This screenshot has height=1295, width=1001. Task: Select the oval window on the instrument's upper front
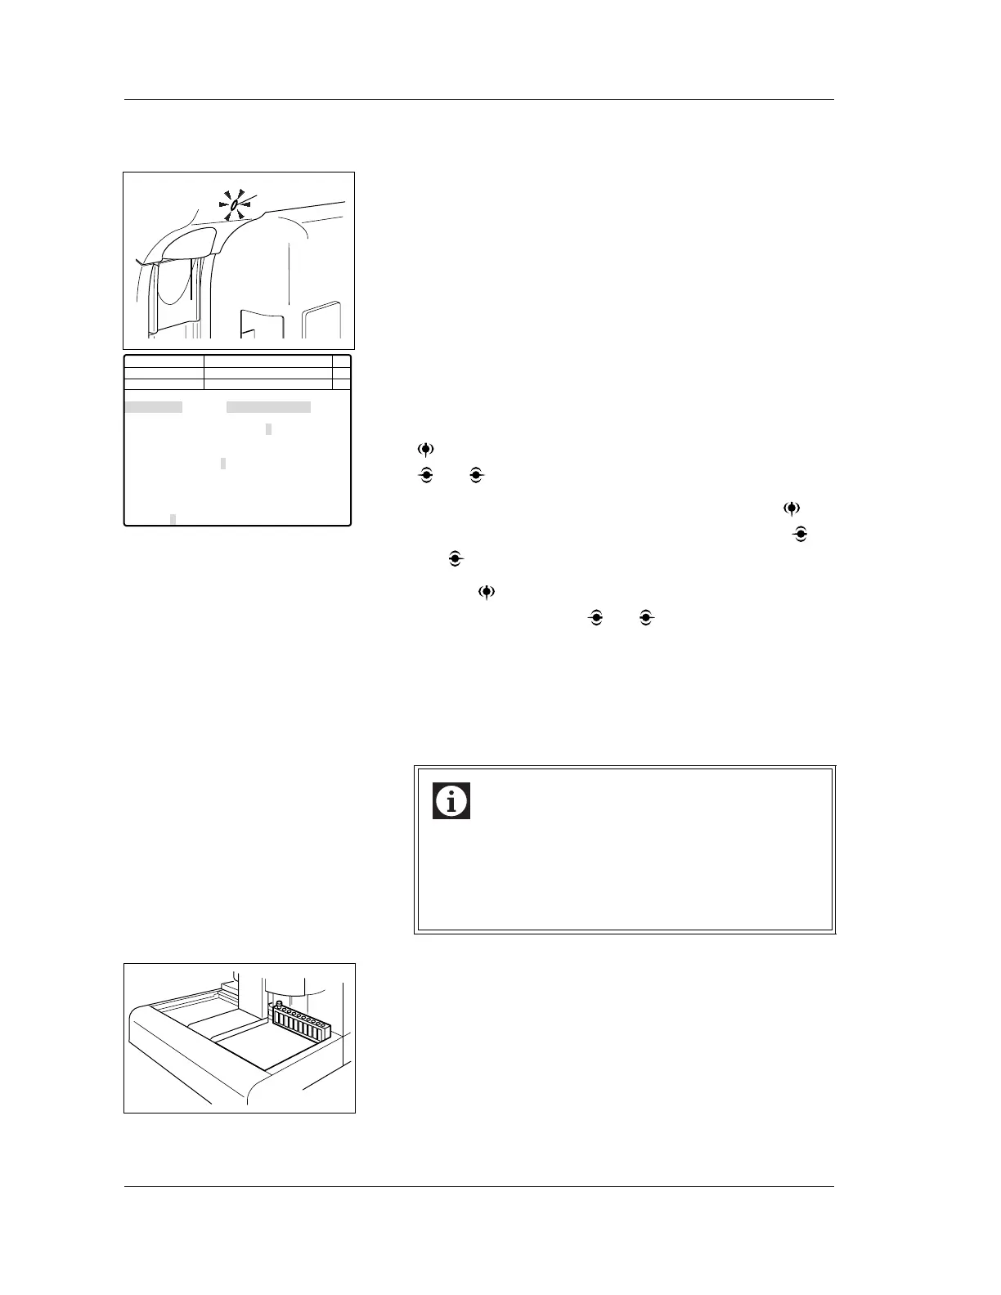pyautogui.click(x=190, y=243)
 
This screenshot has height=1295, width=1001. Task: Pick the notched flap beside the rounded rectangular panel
pyautogui.click(x=262, y=323)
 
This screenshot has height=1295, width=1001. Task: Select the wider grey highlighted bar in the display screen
pyautogui.click(x=268, y=407)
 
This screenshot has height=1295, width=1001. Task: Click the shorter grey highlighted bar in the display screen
pyautogui.click(x=153, y=407)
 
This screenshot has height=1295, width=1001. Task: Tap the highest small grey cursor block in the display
pyautogui.click(x=268, y=429)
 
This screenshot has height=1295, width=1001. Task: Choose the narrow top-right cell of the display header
pyautogui.click(x=342, y=361)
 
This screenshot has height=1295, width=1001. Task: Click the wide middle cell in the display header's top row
pyautogui.click(x=267, y=361)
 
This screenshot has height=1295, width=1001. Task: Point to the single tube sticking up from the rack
pyautogui.click(x=280, y=1004)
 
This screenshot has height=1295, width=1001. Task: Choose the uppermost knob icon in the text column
pyautogui.click(x=425, y=450)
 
